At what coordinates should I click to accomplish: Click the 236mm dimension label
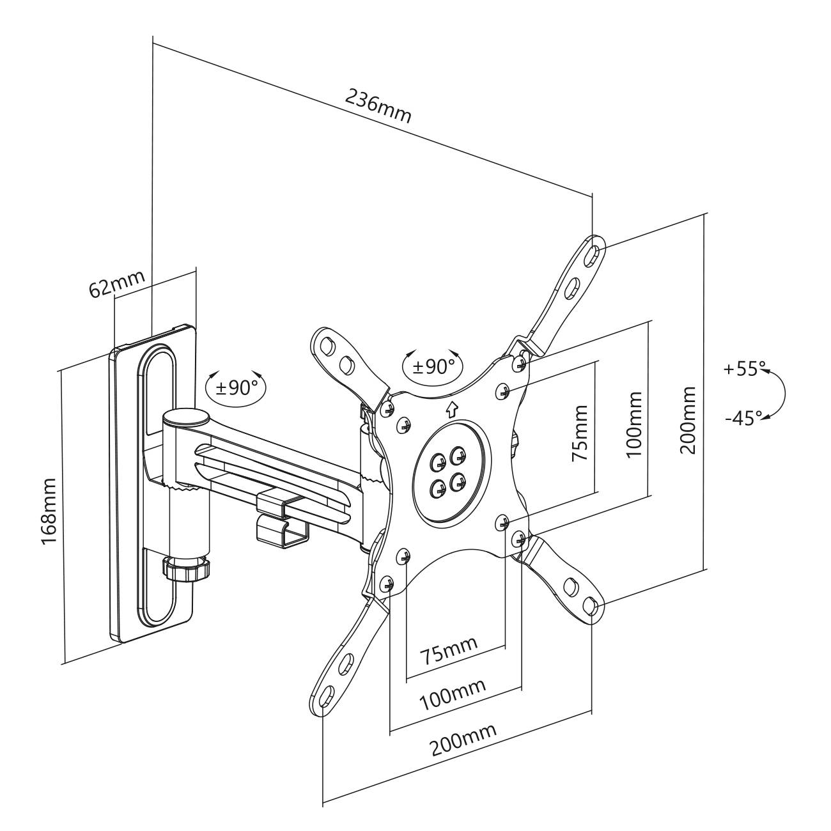tap(378, 105)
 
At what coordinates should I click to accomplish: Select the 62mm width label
tap(117, 284)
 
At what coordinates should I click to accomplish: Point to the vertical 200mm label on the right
tap(688, 419)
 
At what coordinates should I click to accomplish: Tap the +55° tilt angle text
tap(745, 370)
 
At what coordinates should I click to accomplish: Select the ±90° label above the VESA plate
tap(433, 366)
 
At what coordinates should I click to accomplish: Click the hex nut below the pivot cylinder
tap(186, 567)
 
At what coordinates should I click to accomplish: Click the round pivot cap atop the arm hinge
tap(185, 417)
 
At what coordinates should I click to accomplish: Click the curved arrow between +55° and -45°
tap(779, 394)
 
